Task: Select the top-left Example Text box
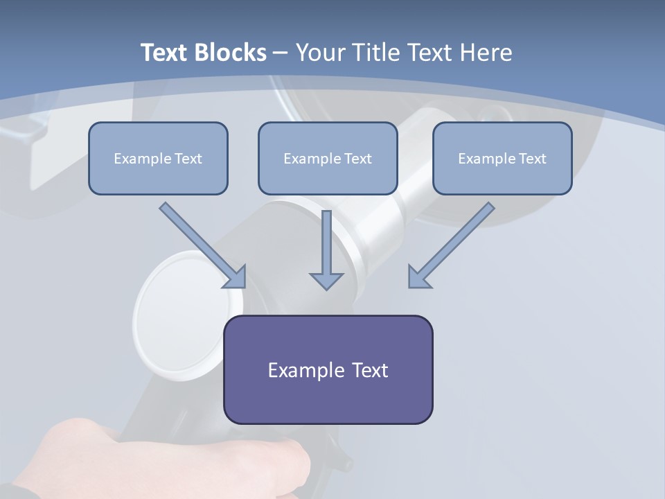coord(158,158)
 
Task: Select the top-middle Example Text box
coord(328,158)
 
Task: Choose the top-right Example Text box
coord(502,158)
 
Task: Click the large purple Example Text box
coord(328,369)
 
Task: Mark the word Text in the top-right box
coord(532,159)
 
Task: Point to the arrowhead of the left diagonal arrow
coord(236,277)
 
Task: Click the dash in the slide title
coord(281,53)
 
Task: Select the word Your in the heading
coord(319,53)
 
